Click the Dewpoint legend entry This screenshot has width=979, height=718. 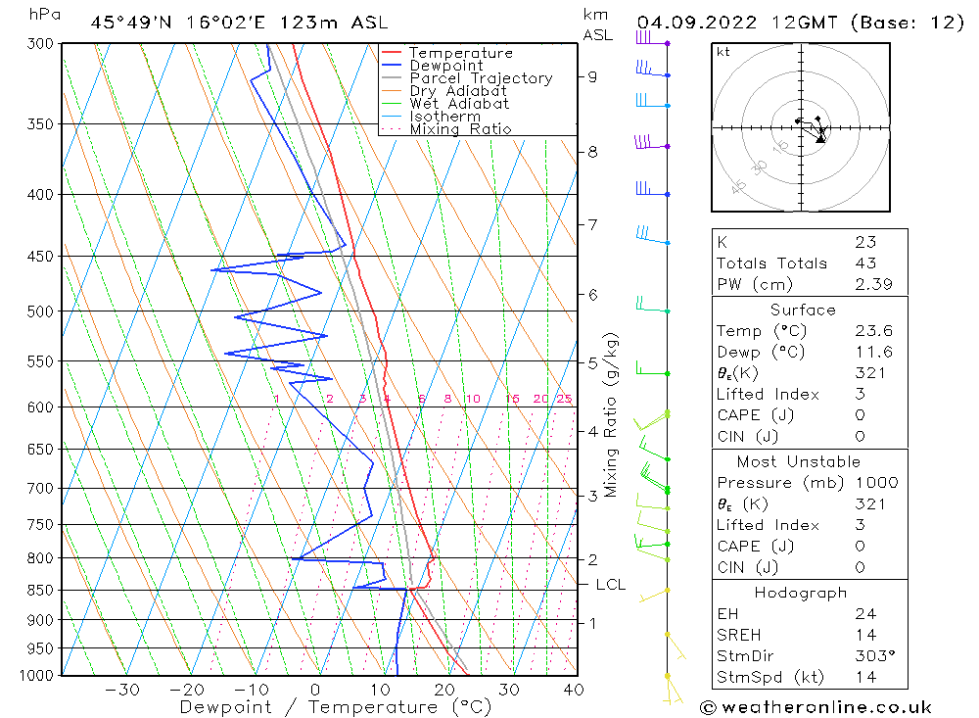(445, 66)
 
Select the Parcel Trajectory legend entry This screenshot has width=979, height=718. (480, 78)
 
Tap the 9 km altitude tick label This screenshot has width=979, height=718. (593, 76)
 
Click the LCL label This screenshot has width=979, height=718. (610, 585)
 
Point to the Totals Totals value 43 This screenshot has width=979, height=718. (865, 263)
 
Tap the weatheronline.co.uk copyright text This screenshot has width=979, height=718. (816, 707)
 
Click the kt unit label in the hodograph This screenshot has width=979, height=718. (723, 52)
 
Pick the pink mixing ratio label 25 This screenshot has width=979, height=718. (564, 399)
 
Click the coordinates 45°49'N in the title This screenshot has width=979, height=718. (132, 23)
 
